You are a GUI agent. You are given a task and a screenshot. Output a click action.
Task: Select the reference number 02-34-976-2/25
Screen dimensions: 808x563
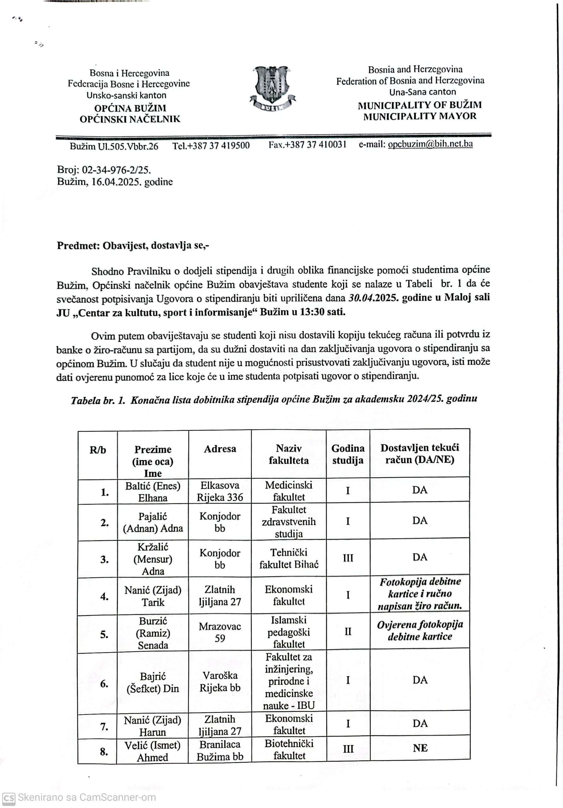tap(116, 170)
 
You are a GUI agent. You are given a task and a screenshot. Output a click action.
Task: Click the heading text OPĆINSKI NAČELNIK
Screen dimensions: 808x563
tap(130, 119)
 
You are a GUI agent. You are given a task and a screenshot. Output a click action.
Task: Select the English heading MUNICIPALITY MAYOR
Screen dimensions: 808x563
tap(420, 116)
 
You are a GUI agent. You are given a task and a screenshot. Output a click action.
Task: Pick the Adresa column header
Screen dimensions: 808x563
tap(220, 449)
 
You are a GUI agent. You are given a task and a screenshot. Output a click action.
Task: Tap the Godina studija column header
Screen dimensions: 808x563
tap(348, 454)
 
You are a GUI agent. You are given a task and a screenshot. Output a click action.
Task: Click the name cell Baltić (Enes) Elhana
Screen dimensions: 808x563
tap(153, 492)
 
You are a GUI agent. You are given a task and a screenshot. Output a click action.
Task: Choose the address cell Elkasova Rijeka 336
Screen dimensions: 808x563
tap(220, 491)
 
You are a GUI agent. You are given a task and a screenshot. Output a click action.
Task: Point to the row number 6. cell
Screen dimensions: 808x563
tap(104, 683)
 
